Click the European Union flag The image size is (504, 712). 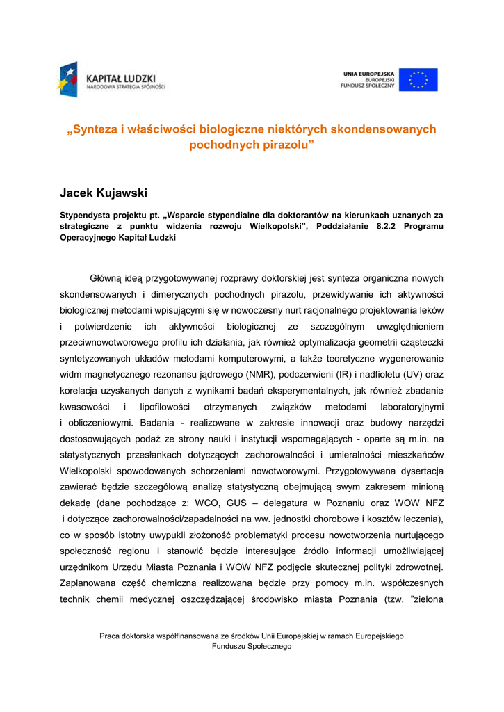click(418, 80)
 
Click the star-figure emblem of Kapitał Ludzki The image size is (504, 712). click(69, 79)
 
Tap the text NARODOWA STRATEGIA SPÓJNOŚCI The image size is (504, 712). click(126, 87)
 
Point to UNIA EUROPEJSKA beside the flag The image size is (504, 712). click(368, 73)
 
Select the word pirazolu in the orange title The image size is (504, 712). click(286, 145)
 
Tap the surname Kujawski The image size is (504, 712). click(127, 192)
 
